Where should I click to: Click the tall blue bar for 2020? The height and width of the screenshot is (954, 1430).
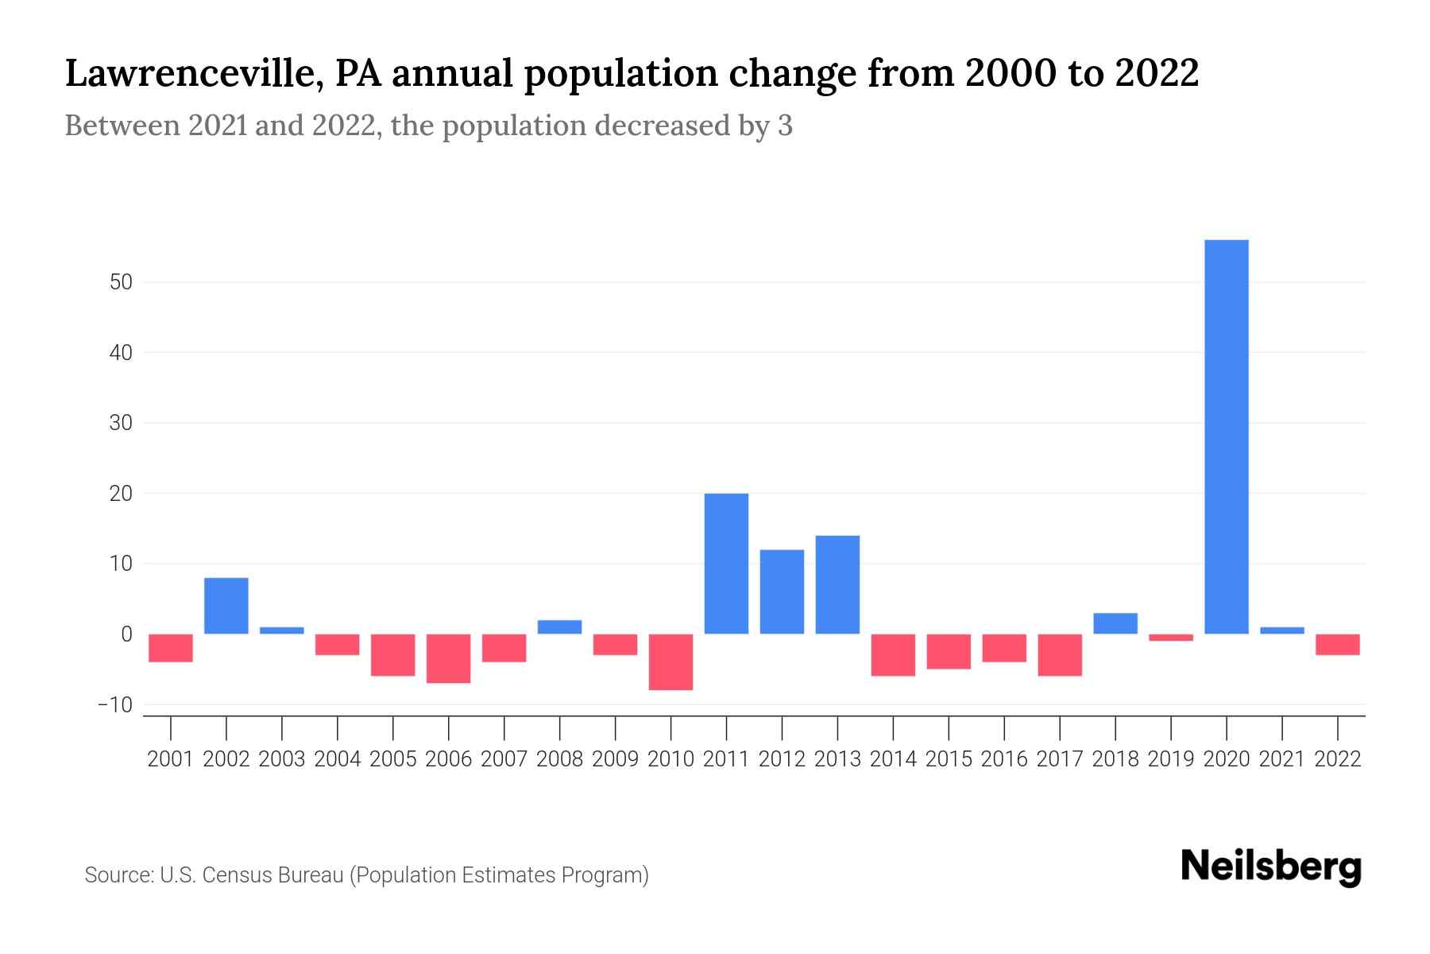[x=1227, y=436]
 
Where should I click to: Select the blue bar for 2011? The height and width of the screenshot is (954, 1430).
[x=726, y=564]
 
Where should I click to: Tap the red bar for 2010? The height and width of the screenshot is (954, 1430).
[x=671, y=661]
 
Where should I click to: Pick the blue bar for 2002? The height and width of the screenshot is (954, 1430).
[x=226, y=606]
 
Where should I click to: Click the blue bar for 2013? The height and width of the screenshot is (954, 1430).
[x=837, y=584]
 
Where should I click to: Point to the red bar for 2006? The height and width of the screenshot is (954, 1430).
[x=449, y=658]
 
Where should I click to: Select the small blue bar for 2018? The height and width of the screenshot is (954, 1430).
[x=1115, y=623]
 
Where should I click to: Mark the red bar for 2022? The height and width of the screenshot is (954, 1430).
[x=1338, y=644]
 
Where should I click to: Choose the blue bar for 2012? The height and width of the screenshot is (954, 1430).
[x=782, y=591]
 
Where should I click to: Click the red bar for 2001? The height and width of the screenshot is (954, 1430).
[x=171, y=647]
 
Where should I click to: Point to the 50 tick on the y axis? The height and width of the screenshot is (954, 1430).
[x=121, y=282]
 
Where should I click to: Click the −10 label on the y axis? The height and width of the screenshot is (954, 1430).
[x=114, y=705]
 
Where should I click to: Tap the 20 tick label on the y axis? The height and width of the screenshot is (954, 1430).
[x=121, y=494]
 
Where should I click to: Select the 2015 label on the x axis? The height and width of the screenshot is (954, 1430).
[x=949, y=759]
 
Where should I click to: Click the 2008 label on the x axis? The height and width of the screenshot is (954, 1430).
[x=559, y=759]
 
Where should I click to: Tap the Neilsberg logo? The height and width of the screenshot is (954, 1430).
[x=1271, y=867]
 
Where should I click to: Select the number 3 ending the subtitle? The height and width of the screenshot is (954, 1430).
[x=785, y=126]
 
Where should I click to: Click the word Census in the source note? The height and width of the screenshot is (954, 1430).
[x=236, y=875]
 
